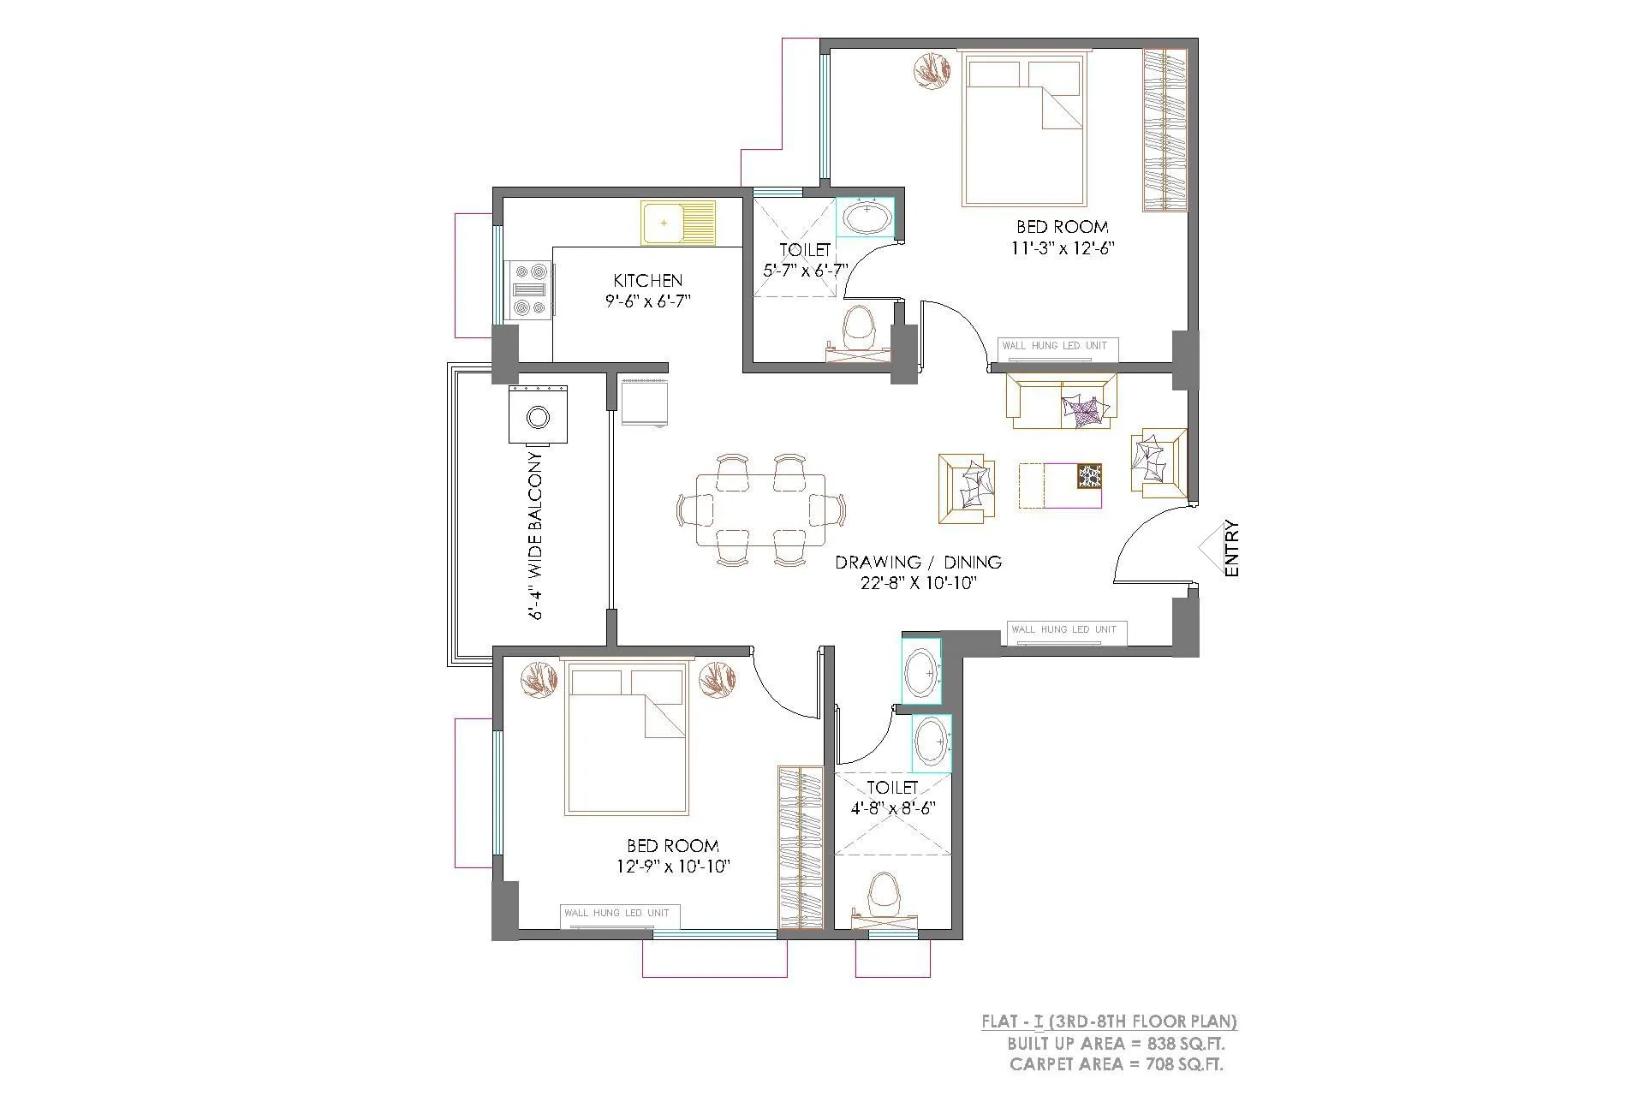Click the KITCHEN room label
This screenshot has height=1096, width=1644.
[648, 281]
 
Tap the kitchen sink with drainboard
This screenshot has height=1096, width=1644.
[678, 223]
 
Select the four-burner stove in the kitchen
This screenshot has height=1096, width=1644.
[528, 290]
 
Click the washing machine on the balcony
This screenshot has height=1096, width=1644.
[538, 416]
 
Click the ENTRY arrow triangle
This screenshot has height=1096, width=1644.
[1210, 548]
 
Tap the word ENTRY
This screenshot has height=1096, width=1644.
[1232, 548]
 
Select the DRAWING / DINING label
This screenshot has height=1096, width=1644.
[918, 563]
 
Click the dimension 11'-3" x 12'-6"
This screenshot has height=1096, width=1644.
[1062, 248]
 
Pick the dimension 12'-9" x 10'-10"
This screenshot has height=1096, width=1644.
[672, 867]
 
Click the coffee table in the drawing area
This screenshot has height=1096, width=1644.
[1060, 485]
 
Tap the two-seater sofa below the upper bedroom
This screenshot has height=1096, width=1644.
[1062, 401]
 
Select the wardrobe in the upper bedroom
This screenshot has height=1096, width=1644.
[1164, 130]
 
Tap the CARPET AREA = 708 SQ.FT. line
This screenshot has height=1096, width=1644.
[1116, 1064]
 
